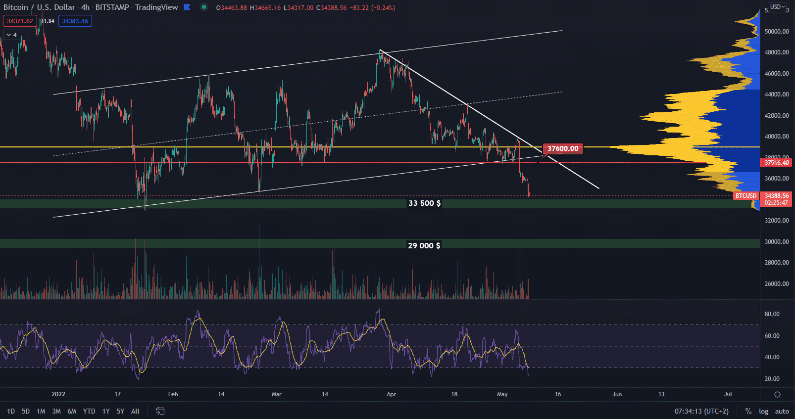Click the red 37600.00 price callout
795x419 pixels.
tap(563, 148)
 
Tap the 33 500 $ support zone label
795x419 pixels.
tap(424, 203)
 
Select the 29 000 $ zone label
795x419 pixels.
tap(424, 246)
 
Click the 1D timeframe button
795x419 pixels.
tap(11, 411)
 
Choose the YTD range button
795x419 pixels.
tap(89, 411)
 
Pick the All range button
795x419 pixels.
tap(135, 411)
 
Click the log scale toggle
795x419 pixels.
tap(763, 411)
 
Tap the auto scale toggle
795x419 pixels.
tap(782, 411)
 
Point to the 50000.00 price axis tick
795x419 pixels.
tap(777, 31)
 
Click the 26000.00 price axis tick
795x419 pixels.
tap(777, 284)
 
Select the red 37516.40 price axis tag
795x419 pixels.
tap(776, 163)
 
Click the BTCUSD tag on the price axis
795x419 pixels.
tap(746, 196)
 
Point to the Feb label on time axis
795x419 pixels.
tap(173, 394)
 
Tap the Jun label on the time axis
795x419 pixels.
tap(617, 394)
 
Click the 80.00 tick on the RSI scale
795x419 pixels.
tap(772, 314)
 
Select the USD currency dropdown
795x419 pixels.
tap(777, 7)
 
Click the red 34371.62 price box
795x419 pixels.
tap(20, 21)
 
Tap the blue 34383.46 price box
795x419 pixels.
tap(75, 21)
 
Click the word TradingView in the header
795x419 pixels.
tap(156, 7)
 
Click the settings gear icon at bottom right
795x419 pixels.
tap(777, 394)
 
